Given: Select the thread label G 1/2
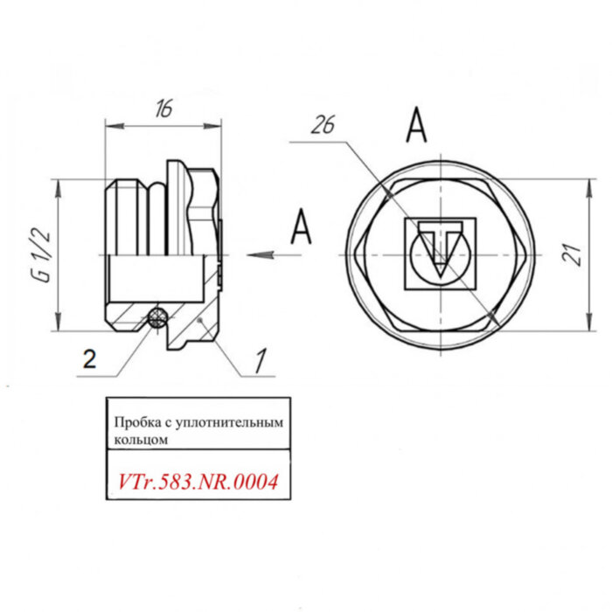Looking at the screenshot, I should (38, 254).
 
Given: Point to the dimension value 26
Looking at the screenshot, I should (323, 126).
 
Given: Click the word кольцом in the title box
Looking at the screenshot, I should (139, 440).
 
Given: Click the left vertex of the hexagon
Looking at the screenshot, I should (354, 254).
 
